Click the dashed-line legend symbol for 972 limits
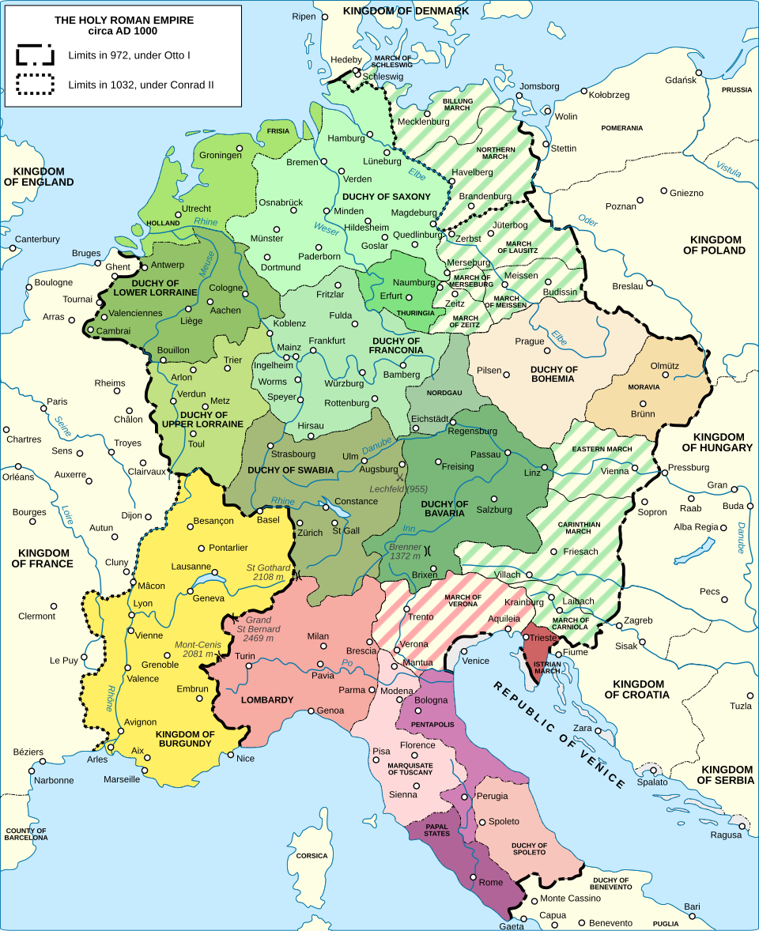point(36,55)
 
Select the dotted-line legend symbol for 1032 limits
point(36,84)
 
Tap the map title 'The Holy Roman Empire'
point(123,20)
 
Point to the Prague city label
point(529,341)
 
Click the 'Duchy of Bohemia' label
point(553,374)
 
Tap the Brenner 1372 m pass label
point(404,551)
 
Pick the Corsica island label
point(312,855)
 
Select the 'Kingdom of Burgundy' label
point(185,739)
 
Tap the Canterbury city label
point(37,239)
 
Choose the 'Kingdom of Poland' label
point(716,245)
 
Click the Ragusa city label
point(726,835)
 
